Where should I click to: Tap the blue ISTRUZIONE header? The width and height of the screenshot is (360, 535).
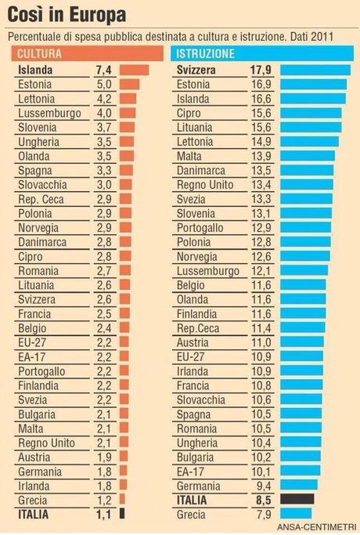coord(205,54)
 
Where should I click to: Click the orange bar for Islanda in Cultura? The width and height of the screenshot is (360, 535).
coord(135,70)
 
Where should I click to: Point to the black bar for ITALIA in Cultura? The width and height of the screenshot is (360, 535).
coord(122,515)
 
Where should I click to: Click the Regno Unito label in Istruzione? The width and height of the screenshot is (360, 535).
coord(206,183)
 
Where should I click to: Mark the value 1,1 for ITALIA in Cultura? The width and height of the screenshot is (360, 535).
coord(105,515)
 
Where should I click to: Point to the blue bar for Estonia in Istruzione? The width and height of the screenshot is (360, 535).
coord(313,85)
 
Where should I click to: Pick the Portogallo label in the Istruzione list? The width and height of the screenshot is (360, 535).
coord(202,226)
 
